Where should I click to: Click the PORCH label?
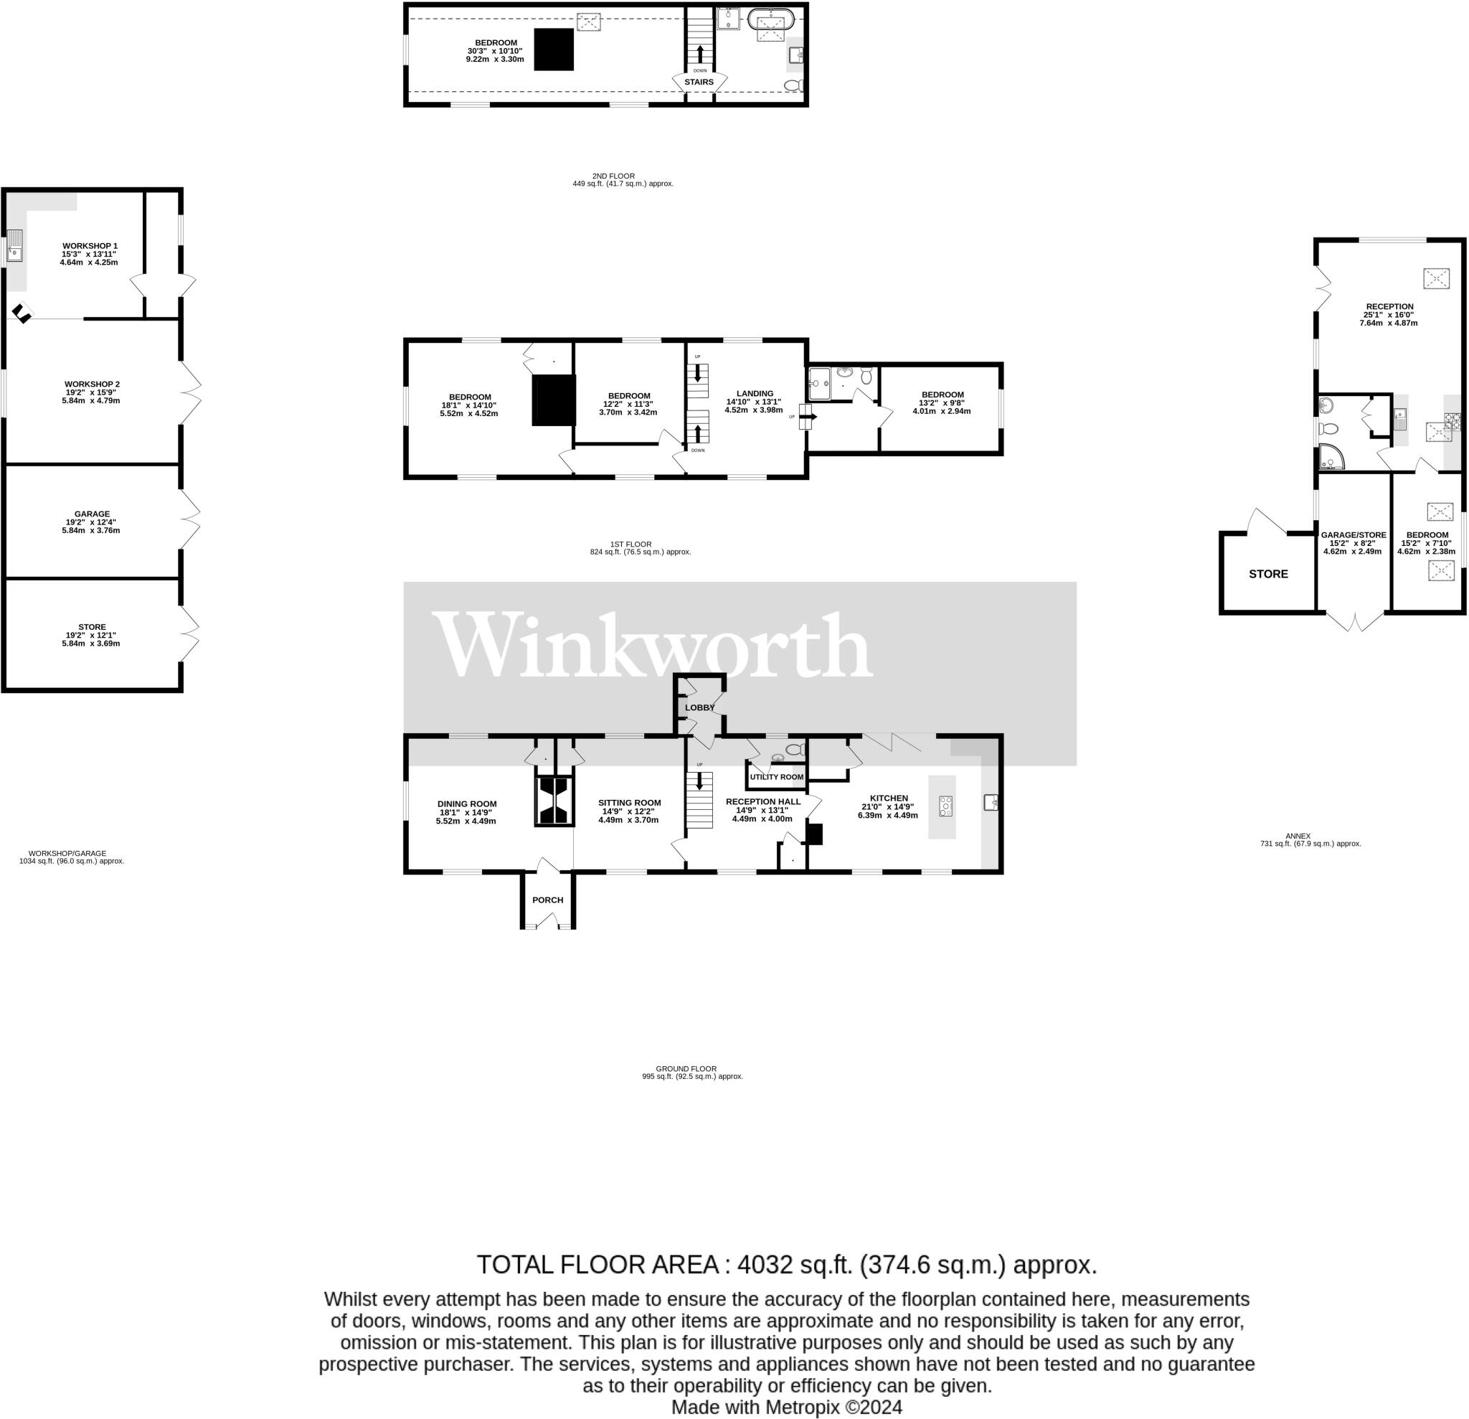(x=547, y=900)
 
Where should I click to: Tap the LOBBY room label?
(x=699, y=707)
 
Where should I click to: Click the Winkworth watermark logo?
(x=652, y=645)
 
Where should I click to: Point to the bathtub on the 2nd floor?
(x=770, y=19)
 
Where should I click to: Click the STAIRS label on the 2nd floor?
(x=699, y=82)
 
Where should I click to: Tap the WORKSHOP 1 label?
(x=90, y=246)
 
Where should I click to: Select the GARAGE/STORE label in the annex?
(x=1353, y=535)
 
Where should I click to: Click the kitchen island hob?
(x=945, y=806)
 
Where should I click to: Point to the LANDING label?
(x=754, y=394)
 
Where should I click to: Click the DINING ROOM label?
(x=466, y=803)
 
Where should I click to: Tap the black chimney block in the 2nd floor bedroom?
(x=554, y=49)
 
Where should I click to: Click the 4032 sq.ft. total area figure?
(x=795, y=1265)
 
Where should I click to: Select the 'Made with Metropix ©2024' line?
(x=786, y=1407)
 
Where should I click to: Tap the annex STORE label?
(x=1268, y=573)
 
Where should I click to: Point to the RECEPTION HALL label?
(x=762, y=801)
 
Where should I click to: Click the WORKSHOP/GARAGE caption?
(x=67, y=853)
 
